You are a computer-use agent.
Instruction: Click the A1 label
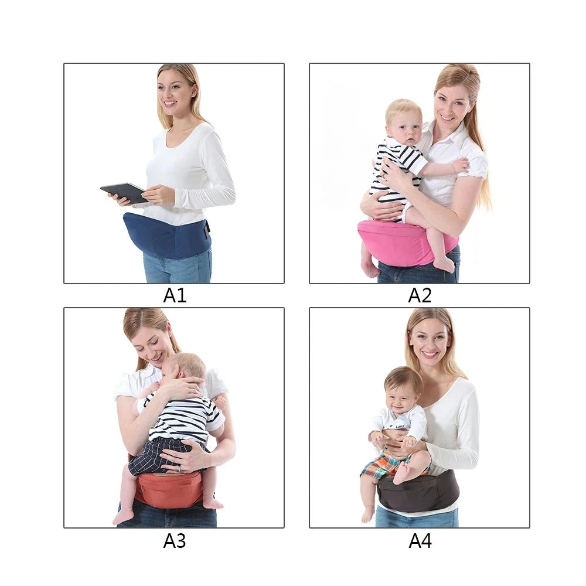(x=175, y=295)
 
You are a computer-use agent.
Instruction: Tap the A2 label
(x=420, y=295)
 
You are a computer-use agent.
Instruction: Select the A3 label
(x=175, y=541)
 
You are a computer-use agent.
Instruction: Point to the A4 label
(x=420, y=541)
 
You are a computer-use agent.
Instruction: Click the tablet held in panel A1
(x=124, y=192)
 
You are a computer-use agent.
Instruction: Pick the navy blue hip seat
(x=166, y=236)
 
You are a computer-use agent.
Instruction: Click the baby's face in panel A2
(x=406, y=127)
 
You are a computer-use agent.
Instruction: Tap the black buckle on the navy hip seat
(x=206, y=229)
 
